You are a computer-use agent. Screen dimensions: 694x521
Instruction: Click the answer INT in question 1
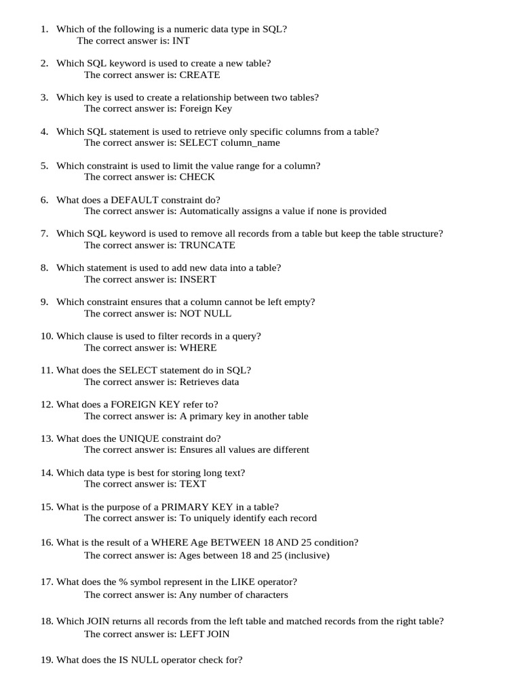[181, 41]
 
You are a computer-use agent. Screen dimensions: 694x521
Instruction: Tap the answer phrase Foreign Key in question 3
[206, 108]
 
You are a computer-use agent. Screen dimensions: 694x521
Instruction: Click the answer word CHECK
[197, 177]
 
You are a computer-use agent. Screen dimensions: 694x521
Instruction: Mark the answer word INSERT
[197, 279]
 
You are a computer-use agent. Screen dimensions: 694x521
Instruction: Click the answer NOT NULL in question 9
[205, 313]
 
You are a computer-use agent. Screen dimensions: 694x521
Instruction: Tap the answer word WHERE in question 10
[198, 348]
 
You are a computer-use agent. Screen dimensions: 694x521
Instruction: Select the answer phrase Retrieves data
[209, 382]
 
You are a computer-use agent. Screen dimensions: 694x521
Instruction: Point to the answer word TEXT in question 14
[193, 484]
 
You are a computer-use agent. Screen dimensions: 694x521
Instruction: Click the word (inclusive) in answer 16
[307, 555]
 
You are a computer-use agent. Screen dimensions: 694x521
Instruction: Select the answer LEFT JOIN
[204, 634]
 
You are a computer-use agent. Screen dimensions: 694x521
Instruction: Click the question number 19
[46, 659]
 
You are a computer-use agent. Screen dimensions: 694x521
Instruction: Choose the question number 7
[44, 234]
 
